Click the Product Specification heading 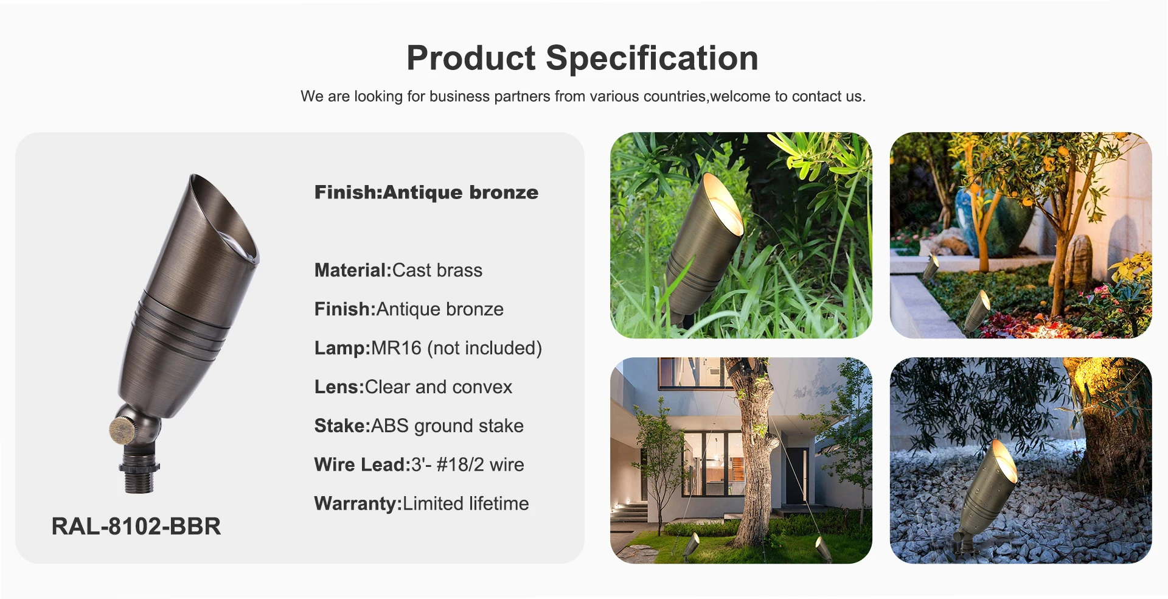pos(582,58)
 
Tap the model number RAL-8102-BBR pos(136,527)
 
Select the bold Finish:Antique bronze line pos(426,192)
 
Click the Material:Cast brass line pos(398,270)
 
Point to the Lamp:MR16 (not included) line pos(428,348)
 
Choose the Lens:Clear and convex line pos(414,387)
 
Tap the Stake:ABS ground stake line pos(419,426)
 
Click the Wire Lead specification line pos(419,465)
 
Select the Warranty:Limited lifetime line pos(422,504)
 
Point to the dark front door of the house pos(796,475)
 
